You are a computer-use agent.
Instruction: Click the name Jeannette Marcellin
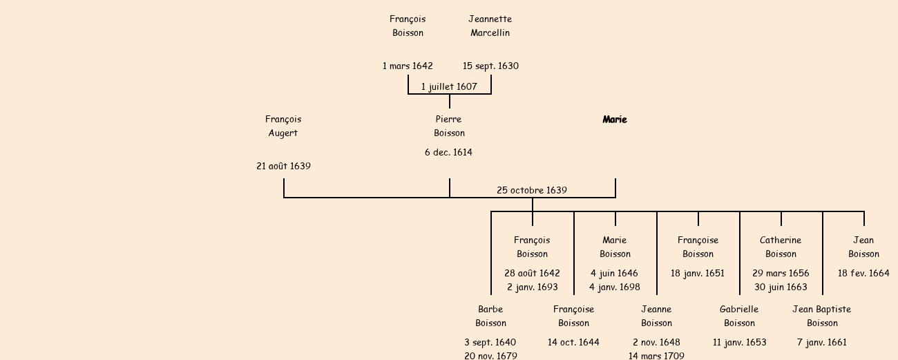[490, 26]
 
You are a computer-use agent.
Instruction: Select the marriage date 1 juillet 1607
[449, 86]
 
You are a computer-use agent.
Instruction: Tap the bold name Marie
[615, 120]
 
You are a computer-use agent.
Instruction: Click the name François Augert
[283, 126]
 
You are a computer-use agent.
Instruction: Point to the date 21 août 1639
[283, 166]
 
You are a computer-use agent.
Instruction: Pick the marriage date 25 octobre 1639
[532, 190]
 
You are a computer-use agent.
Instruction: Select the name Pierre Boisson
[449, 126]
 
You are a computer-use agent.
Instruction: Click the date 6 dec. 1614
[448, 152]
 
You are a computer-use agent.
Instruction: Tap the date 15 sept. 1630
[490, 66]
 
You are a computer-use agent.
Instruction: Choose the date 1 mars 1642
[408, 66]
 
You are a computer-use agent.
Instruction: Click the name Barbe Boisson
[490, 316]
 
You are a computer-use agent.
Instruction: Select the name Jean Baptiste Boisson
[822, 316]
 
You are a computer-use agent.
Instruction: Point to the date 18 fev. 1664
[863, 273]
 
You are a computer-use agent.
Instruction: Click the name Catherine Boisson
[781, 247]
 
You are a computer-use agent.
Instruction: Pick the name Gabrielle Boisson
[739, 316]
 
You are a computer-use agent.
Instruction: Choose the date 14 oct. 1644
[573, 342]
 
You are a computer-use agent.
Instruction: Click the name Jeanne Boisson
[656, 316]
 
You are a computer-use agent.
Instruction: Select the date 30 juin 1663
[781, 287]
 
